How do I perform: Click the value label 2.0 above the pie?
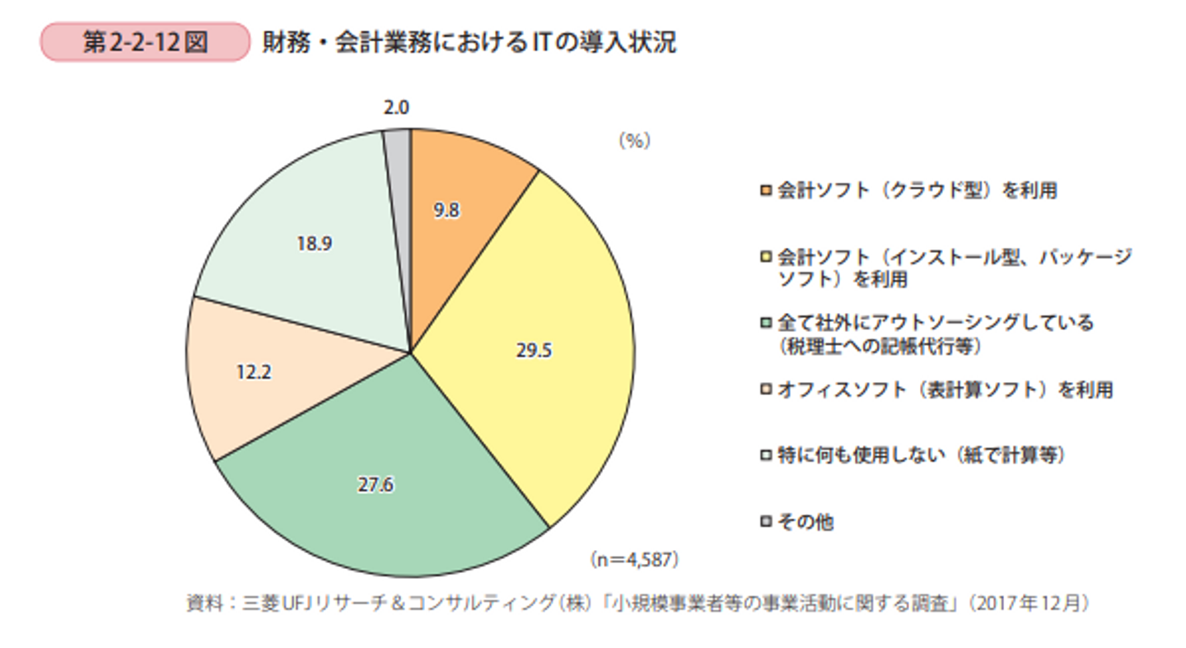coord(396,107)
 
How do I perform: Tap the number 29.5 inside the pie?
coord(535,351)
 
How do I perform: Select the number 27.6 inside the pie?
coord(376,484)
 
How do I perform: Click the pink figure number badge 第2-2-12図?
coord(144,42)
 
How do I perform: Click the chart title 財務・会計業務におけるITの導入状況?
coord(469,42)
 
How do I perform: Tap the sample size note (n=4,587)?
coord(634,560)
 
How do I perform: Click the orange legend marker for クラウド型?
coord(767,192)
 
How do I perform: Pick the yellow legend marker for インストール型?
coord(767,258)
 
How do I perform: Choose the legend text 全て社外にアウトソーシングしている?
coord(936,323)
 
